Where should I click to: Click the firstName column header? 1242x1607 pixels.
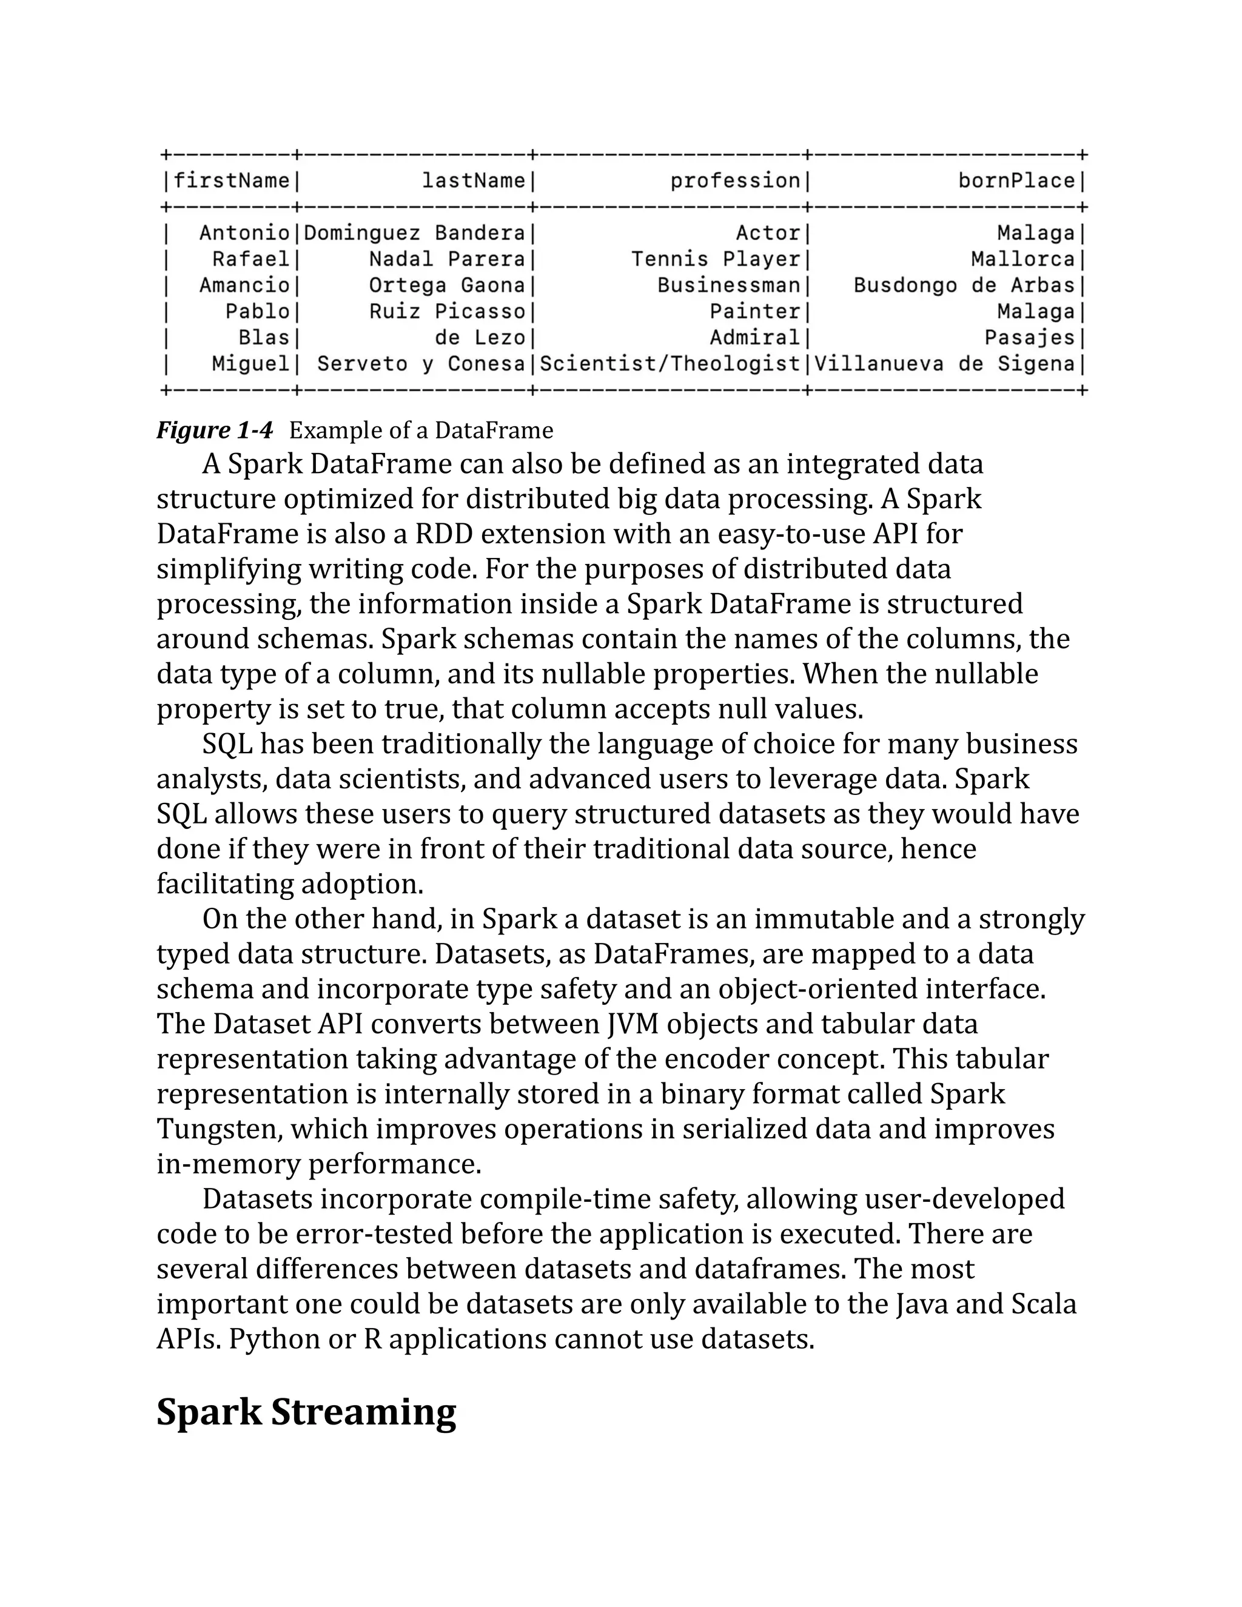[231, 181]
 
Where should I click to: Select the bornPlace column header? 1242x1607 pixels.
[1016, 181]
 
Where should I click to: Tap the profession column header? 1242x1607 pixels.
[734, 181]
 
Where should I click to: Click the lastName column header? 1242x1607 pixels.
[473, 181]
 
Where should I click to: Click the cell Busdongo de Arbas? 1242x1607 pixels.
[964, 286]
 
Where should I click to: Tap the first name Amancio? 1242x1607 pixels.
[244, 286]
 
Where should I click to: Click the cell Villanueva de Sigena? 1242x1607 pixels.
[944, 363]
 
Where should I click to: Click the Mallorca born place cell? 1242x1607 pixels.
[1022, 259]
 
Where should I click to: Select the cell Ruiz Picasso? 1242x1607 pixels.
[448, 311]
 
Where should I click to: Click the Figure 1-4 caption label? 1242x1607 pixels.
[214, 430]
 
